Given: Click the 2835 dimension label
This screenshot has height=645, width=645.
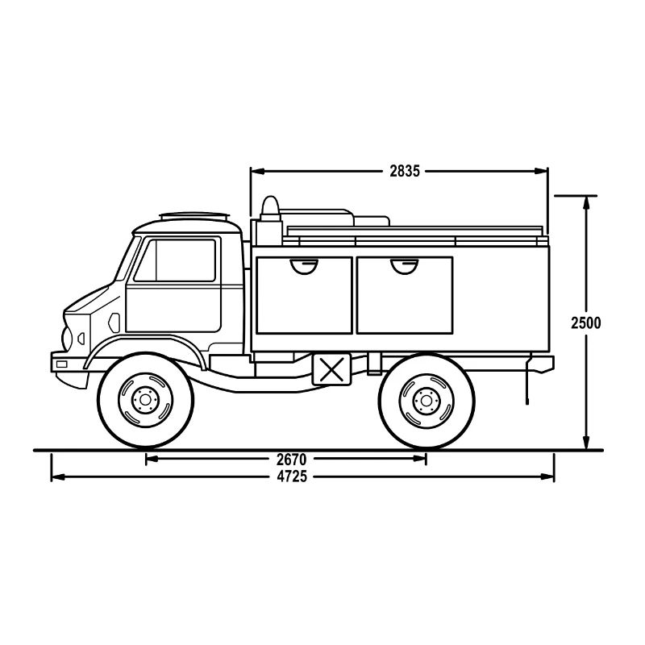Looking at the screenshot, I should pyautogui.click(x=405, y=171).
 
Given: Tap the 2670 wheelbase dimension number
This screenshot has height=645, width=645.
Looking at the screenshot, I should pyautogui.click(x=291, y=459).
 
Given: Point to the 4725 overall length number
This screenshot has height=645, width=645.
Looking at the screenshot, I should pyautogui.click(x=291, y=476).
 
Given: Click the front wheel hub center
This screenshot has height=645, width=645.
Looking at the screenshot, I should pyautogui.click(x=145, y=399).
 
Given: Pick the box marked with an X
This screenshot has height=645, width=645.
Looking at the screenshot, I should pyautogui.click(x=330, y=369).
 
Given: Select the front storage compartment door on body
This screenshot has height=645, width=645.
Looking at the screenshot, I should pyautogui.click(x=303, y=295).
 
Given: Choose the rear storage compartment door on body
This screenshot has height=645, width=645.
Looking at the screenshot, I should pyautogui.click(x=404, y=295).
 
